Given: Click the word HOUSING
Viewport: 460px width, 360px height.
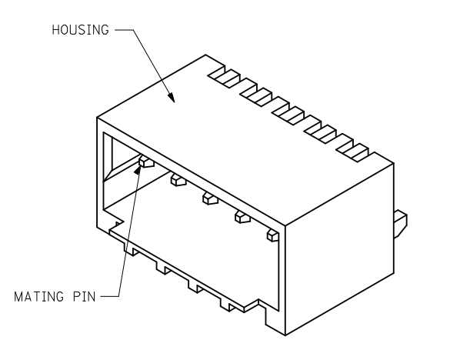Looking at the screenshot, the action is click(x=80, y=30).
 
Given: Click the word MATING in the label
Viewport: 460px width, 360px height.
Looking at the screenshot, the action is click(x=38, y=297).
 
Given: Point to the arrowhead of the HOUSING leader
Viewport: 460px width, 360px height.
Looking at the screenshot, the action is click(x=171, y=98).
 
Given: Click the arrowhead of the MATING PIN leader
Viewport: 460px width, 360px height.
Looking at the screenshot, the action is click(x=138, y=168).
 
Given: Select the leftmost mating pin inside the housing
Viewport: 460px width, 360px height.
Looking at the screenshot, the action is click(x=147, y=161).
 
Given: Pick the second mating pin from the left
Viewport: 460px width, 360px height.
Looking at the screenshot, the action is click(x=178, y=179).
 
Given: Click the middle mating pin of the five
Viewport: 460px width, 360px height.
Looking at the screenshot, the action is click(x=210, y=198).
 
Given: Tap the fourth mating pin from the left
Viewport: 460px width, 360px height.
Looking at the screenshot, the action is click(x=242, y=217).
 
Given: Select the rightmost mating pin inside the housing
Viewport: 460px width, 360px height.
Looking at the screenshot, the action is click(x=273, y=235).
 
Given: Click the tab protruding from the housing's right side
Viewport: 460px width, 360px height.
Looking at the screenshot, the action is click(x=401, y=224).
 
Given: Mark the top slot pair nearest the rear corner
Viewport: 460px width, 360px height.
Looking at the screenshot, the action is click(x=224, y=76).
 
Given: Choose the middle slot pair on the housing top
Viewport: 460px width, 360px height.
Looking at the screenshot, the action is click(x=288, y=114).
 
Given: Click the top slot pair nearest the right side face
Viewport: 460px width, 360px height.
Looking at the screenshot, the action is click(x=352, y=151).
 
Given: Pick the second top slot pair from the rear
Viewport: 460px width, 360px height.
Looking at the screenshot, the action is click(x=256, y=95).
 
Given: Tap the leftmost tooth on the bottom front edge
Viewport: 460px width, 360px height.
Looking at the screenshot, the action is click(x=132, y=251).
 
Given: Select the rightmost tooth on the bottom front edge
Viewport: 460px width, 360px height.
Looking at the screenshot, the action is click(x=228, y=307).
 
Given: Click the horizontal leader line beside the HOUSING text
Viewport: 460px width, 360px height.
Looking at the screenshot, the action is click(x=124, y=30).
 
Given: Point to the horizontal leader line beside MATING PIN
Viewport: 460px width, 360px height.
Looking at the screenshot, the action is click(x=110, y=296).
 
